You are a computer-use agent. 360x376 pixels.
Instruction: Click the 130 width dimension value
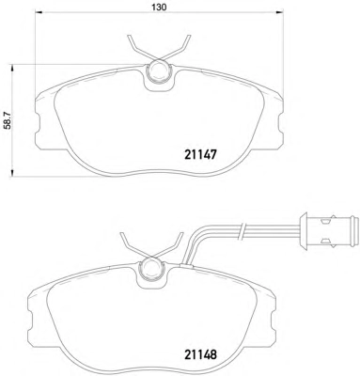[159, 7]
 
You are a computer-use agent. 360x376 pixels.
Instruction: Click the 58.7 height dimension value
[8, 120]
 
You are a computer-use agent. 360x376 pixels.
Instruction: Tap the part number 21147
[200, 154]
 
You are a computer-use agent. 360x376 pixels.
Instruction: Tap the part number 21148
[200, 354]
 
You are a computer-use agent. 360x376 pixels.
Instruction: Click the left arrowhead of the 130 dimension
[38, 12]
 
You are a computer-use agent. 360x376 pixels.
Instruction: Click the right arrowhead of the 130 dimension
[279, 12]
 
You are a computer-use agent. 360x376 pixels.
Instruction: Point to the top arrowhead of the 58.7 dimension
[12, 69]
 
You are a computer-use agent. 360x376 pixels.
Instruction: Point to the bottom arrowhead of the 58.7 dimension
[12, 172]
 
